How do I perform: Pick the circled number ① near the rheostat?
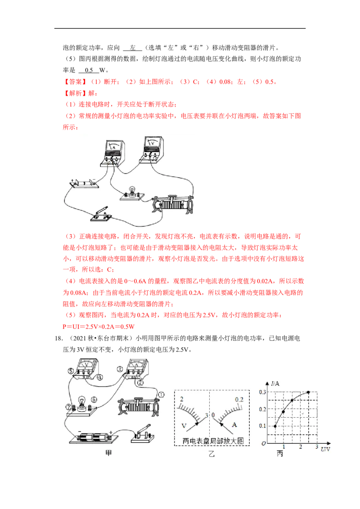coord(161,394)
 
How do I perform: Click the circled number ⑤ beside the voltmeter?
coord(71,371)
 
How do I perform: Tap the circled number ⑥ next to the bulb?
coord(94,400)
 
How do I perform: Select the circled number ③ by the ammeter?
coord(120,369)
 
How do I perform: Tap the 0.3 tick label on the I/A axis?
coord(262,392)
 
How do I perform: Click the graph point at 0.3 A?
coord(308,393)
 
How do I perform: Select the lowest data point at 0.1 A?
coord(275,426)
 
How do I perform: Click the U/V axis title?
coord(325,449)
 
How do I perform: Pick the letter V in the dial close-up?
coord(184,426)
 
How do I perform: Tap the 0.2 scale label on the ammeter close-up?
coord(239,400)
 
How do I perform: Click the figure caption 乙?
coord(211,454)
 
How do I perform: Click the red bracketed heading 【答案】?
coord(75,82)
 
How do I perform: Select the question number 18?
coord(59,338)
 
